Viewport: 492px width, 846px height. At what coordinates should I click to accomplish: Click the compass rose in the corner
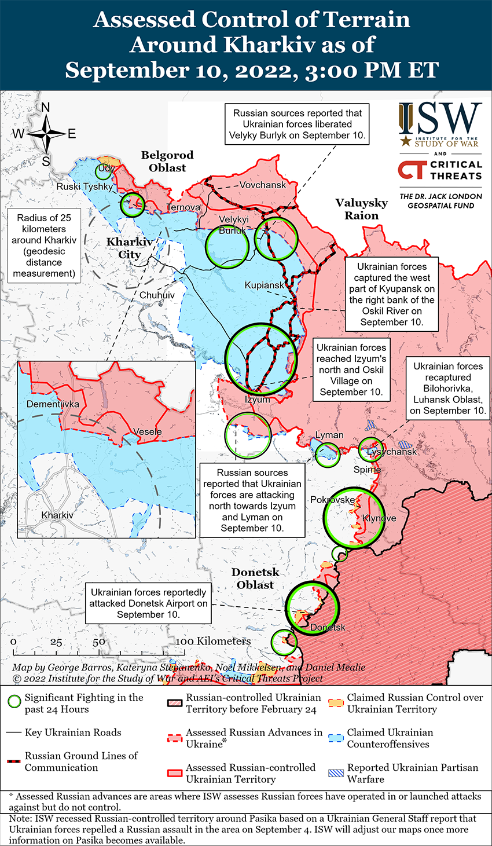point(46,134)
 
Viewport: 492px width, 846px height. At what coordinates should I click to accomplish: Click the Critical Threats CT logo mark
point(412,170)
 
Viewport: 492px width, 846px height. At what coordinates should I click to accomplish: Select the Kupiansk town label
point(265,285)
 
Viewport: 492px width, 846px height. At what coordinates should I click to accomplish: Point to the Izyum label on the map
point(258,400)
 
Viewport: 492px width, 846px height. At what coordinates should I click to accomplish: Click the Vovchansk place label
point(263,185)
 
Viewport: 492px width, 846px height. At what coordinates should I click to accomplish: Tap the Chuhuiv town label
point(157,295)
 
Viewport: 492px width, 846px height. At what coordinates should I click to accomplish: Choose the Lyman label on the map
point(329,435)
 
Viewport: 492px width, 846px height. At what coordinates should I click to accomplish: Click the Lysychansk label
point(392,452)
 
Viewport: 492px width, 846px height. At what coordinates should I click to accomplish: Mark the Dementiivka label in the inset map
point(53,404)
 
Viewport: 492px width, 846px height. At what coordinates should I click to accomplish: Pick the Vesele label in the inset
point(148,431)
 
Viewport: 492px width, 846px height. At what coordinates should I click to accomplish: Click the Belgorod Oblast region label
point(167,162)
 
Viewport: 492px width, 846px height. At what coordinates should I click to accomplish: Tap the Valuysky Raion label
point(362,209)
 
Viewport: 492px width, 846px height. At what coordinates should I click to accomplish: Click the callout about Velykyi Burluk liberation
point(298,124)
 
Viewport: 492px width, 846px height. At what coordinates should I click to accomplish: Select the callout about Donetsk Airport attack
point(148,603)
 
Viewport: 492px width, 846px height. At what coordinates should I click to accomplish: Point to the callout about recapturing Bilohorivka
point(448,389)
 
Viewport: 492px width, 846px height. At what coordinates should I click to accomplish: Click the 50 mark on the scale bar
point(99,642)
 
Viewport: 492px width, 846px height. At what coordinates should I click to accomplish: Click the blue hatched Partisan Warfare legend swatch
point(336,772)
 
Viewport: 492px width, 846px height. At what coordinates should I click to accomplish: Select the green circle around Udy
point(105,171)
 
